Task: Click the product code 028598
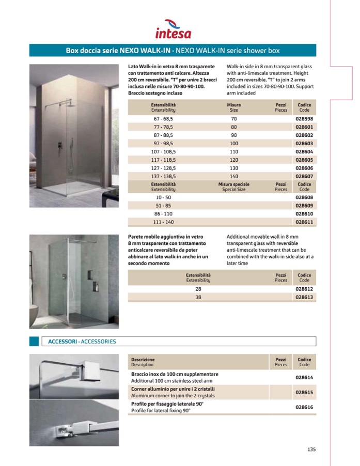pyautogui.click(x=304, y=119)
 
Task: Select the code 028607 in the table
pyautogui.click(x=304, y=176)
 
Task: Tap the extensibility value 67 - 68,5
pyautogui.click(x=163, y=119)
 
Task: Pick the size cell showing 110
pyautogui.click(x=234, y=152)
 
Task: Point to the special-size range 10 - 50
pyautogui.click(x=163, y=197)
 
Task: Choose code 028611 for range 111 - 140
pyautogui.click(x=304, y=222)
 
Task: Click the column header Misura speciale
pyautogui.click(x=234, y=184)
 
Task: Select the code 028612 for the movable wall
pyautogui.click(x=304, y=289)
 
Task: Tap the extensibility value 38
pyautogui.click(x=198, y=298)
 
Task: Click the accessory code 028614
pyautogui.click(x=304, y=377)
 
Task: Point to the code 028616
pyautogui.click(x=304, y=407)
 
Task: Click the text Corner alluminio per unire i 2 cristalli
pyautogui.click(x=173, y=389)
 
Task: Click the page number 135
pyautogui.click(x=311, y=449)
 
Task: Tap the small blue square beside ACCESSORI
pyautogui.click(x=34, y=341)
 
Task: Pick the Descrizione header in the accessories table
pyautogui.click(x=143, y=359)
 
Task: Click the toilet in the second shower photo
pyautogui.click(x=33, y=310)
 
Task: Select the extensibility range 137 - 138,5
pyautogui.click(x=163, y=176)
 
